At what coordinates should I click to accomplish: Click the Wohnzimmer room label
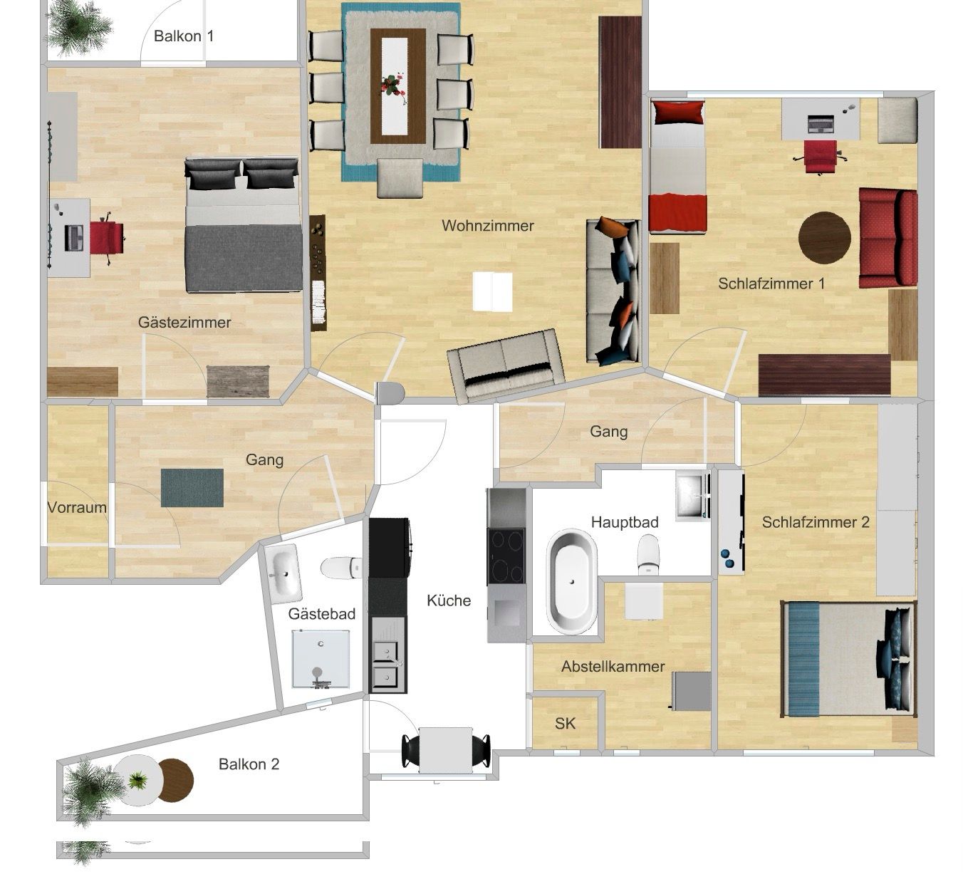[488, 226]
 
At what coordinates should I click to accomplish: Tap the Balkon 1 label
[183, 36]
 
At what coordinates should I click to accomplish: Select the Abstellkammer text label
[613, 666]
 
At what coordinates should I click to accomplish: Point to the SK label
[565, 724]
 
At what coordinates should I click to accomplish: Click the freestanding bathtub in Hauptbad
[571, 582]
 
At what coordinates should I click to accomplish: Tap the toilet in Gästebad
[341, 568]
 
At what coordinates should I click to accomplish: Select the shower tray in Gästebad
[321, 659]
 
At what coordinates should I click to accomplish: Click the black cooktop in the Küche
[506, 556]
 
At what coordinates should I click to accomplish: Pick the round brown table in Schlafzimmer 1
[825, 238]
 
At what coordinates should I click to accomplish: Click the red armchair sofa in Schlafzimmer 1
[888, 238]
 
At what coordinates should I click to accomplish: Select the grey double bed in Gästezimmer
[244, 224]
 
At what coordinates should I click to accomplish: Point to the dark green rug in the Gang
[192, 488]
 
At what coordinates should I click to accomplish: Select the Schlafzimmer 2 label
[816, 522]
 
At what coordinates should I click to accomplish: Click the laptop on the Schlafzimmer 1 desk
[821, 124]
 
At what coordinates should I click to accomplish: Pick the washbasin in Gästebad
[283, 573]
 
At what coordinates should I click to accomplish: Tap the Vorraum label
[77, 507]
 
